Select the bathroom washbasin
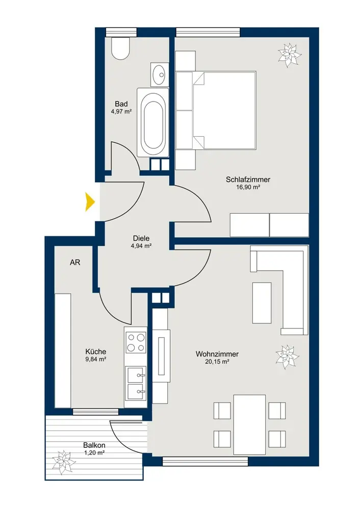click(x=160, y=74)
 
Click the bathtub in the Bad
click(x=153, y=122)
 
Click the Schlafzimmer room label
click(x=248, y=180)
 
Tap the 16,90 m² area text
click(x=248, y=187)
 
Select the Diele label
click(x=141, y=238)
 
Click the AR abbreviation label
click(x=75, y=262)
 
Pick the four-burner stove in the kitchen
click(x=136, y=343)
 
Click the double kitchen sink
click(x=136, y=385)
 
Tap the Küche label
click(x=96, y=351)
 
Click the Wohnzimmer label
click(x=217, y=354)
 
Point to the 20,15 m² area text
click(x=217, y=362)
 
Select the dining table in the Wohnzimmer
click(x=250, y=424)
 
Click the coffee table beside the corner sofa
click(x=262, y=303)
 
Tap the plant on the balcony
click(x=64, y=463)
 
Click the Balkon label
click(x=94, y=445)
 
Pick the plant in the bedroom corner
click(x=290, y=55)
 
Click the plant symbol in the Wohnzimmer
click(x=287, y=357)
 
